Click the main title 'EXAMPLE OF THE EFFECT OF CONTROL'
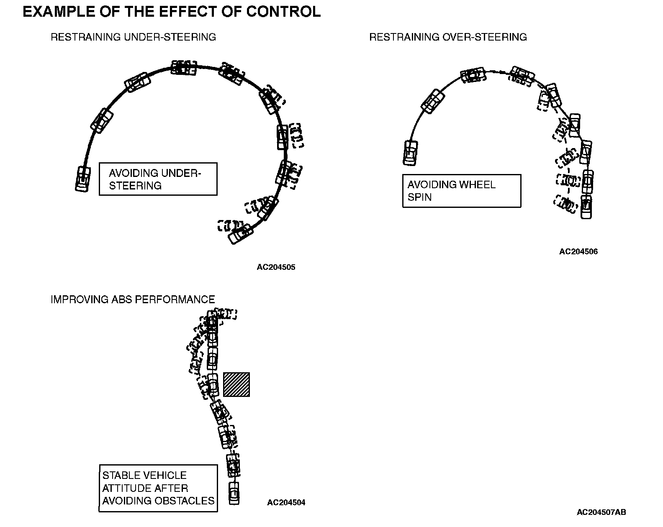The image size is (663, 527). pos(172,12)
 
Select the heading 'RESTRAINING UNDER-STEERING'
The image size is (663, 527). pos(133,37)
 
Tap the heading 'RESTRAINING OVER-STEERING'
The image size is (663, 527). pos(448,37)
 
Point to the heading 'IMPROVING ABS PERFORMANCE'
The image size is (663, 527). pos(133,299)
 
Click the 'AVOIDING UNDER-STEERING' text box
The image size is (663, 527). pos(158,179)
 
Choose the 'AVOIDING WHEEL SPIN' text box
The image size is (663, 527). pos(461,191)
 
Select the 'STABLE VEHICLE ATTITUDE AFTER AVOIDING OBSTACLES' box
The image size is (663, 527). pos(158,488)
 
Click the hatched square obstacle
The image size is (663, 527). pos(236,384)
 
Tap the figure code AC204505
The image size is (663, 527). pos(276,267)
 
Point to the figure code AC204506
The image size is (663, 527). pos(578,252)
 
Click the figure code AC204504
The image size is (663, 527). pos(286,503)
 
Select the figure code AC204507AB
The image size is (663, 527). pos(601,512)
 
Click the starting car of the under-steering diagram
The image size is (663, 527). pos(83,179)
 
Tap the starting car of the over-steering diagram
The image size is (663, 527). pos(411,153)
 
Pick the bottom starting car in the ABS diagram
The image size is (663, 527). pos(234,494)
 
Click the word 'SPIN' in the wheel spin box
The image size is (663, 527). pos(419,197)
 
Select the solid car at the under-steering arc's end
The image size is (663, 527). pos(240,234)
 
